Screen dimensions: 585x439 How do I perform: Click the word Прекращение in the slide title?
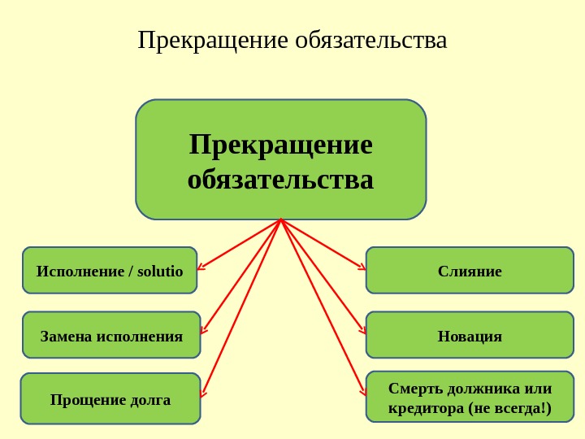214,40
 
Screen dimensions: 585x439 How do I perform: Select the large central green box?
281,159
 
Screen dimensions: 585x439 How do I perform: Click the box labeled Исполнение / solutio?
110,270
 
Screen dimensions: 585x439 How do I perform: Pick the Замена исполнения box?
111,335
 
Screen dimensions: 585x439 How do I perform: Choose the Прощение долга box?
110,398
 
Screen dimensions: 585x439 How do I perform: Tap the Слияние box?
470,270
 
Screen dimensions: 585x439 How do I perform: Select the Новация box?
470,335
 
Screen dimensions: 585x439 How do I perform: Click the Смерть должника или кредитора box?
470,398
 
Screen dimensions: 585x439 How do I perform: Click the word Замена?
66,335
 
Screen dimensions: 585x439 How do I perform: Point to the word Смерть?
414,388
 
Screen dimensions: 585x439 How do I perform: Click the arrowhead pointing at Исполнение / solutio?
201,266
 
